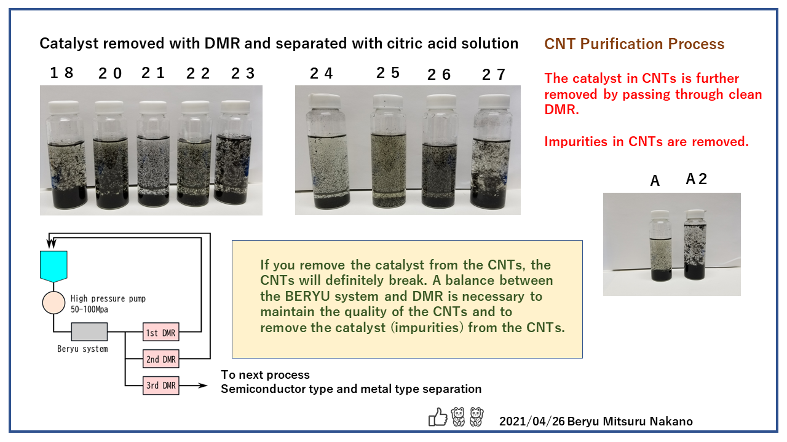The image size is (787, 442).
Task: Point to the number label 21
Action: pyautogui.click(x=152, y=73)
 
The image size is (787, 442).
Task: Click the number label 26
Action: pyautogui.click(x=439, y=74)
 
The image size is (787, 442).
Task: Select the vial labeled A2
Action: pyautogui.click(x=695, y=246)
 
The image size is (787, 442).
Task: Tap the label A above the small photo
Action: pyautogui.click(x=655, y=180)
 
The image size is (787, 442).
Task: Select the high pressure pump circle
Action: pyautogui.click(x=53, y=302)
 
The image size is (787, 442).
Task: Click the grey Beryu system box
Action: pyautogui.click(x=89, y=332)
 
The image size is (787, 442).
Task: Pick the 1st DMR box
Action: pyautogui.click(x=160, y=333)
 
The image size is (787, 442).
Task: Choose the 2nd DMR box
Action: pyautogui.click(x=160, y=359)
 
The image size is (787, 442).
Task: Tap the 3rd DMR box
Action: pyautogui.click(x=160, y=386)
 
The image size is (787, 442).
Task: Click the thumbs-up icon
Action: pyautogui.click(x=438, y=417)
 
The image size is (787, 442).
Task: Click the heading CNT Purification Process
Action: pyautogui.click(x=635, y=44)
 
